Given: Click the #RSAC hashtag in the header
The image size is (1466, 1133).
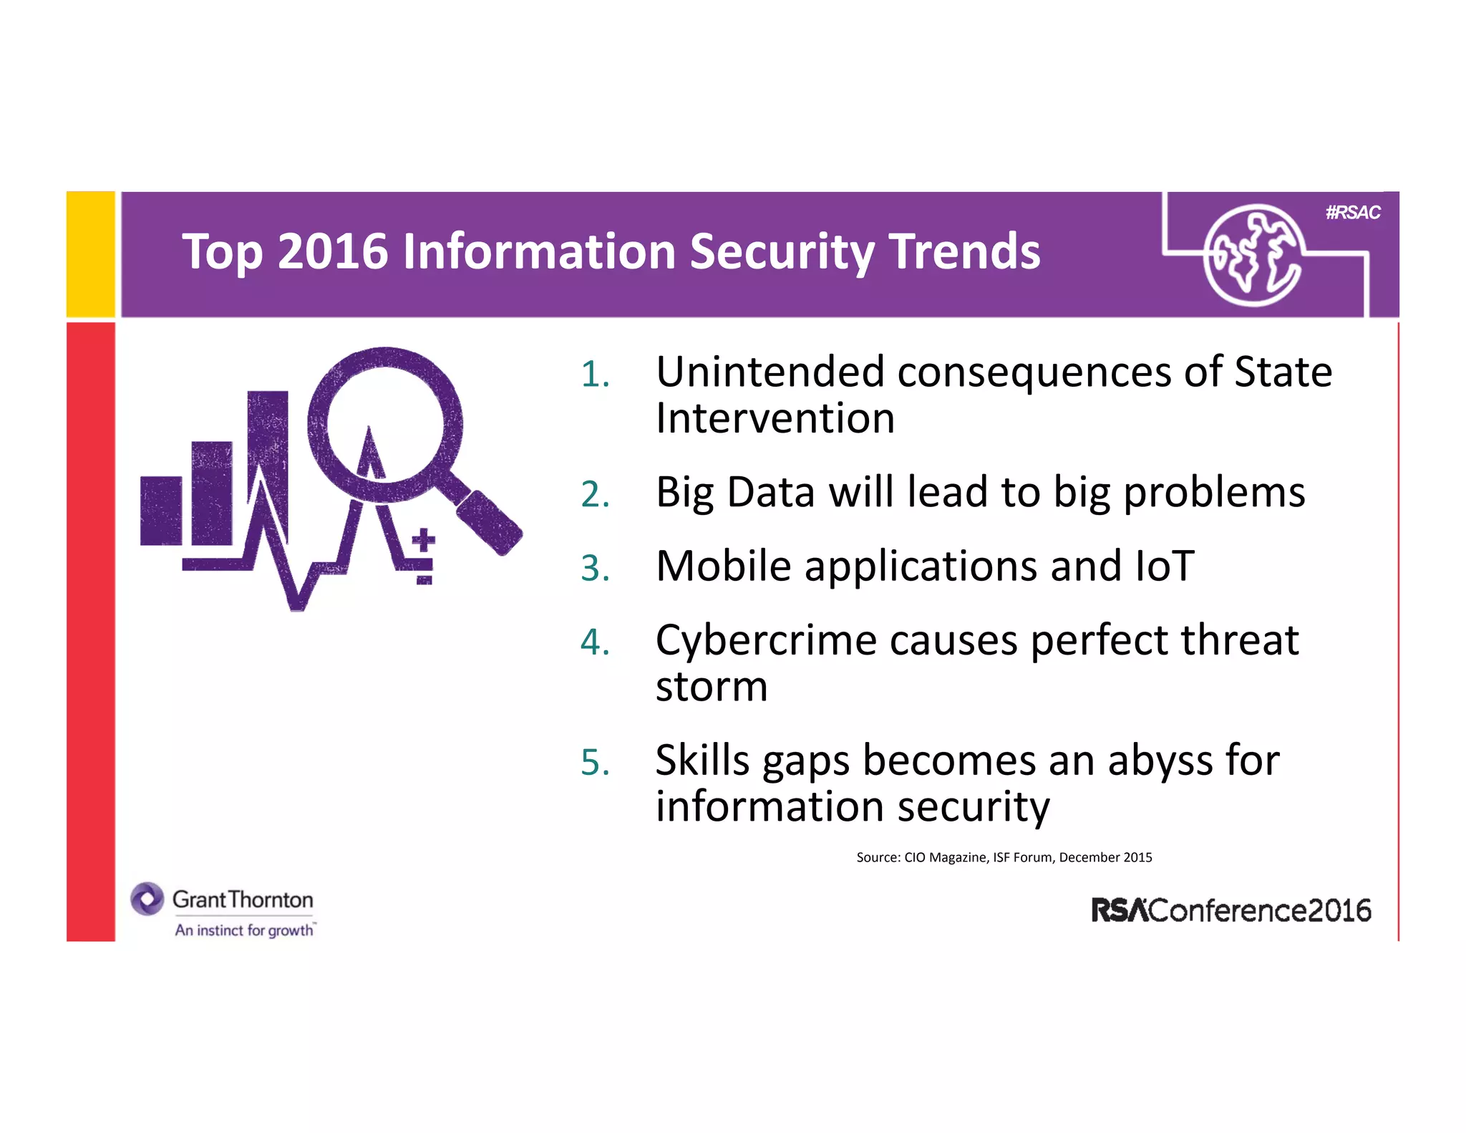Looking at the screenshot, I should (x=1352, y=213).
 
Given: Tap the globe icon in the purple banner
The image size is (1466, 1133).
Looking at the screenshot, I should (x=1252, y=256).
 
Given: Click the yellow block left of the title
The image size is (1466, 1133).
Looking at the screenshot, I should (x=91, y=254).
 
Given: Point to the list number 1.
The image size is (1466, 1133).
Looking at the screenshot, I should (x=595, y=375).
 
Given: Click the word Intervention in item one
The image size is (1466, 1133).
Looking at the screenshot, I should (x=775, y=418).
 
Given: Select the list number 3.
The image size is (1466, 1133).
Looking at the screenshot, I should (x=595, y=569).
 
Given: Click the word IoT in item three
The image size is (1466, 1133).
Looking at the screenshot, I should (x=1164, y=566).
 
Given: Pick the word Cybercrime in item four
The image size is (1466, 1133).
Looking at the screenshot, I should (x=765, y=640).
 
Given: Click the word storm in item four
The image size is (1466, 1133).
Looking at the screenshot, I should (x=712, y=687).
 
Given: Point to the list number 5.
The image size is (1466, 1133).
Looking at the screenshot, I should (x=595, y=762).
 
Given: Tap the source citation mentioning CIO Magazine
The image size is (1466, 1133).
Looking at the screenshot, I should (x=1004, y=857).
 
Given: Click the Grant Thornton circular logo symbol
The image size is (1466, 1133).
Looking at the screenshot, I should (x=147, y=899).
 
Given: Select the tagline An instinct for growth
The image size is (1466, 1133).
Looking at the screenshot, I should (x=245, y=930).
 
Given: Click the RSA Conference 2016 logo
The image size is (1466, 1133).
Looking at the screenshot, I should (x=1230, y=910).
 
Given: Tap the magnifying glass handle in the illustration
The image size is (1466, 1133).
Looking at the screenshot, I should (x=489, y=521).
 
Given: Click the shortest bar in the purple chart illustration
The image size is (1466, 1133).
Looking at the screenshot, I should (x=161, y=511).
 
